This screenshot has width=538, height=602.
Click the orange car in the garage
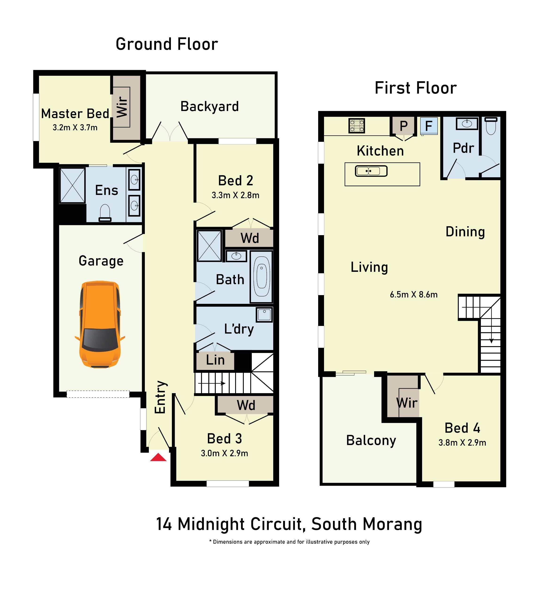click(100, 324)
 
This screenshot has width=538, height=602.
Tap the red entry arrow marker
click(158, 458)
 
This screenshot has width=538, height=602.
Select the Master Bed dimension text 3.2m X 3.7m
click(75, 128)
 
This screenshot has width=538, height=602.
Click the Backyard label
click(210, 107)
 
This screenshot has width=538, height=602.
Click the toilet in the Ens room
click(105, 213)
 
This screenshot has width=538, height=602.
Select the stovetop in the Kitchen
click(357, 126)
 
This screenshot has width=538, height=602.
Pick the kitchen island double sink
click(371, 171)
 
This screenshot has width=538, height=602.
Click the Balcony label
click(371, 440)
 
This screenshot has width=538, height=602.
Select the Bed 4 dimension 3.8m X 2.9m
click(462, 443)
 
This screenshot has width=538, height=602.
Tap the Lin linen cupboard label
click(215, 360)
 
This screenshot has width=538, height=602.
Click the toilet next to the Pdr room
click(491, 126)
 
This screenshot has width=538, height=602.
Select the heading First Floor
click(416, 88)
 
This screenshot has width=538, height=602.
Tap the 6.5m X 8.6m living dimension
click(414, 294)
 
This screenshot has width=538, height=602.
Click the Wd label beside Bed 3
click(246, 405)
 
